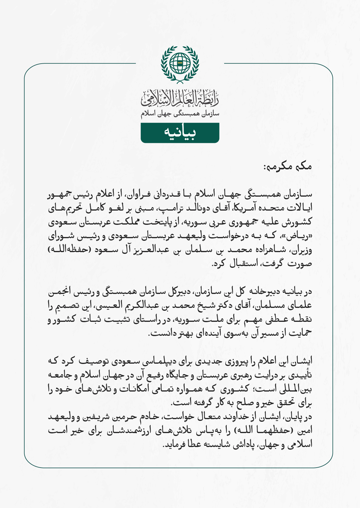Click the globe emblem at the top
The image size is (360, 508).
pyautogui.click(x=180, y=63)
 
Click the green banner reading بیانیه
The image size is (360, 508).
pyautogui.click(x=180, y=133)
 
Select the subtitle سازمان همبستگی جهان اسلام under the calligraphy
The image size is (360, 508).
pyautogui.click(x=180, y=114)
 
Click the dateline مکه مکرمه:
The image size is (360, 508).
pyautogui.click(x=287, y=166)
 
